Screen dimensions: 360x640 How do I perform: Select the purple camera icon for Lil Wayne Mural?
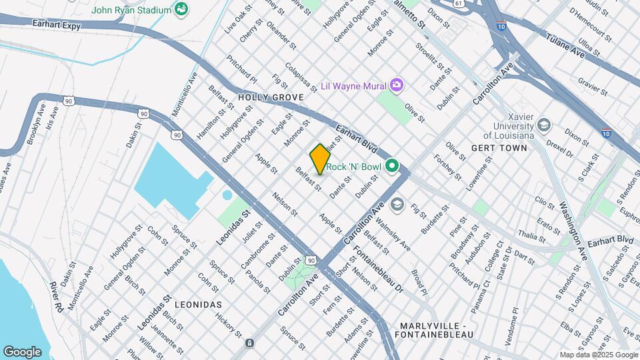click(397, 85)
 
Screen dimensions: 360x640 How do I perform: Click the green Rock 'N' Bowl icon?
click(392, 166)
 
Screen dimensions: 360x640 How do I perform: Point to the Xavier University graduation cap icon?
click(544, 125)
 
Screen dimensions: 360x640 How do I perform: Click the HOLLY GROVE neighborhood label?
click(271, 97)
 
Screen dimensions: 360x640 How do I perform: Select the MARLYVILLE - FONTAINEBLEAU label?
click(437, 329)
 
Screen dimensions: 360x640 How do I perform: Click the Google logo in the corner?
click(22, 351)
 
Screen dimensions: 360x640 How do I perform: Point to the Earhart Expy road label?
click(56, 22)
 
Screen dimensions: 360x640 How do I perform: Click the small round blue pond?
click(227, 195)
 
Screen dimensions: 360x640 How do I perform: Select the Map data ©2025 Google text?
click(598, 355)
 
